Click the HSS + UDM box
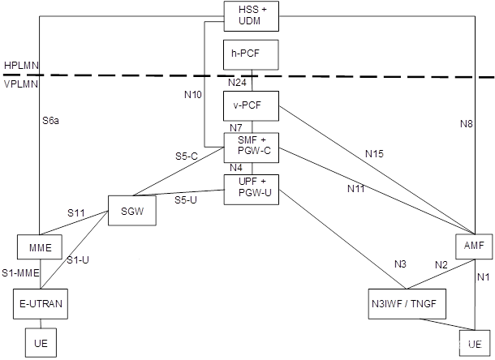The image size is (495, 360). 251,15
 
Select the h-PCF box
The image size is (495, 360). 251,54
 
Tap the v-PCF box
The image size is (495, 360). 251,105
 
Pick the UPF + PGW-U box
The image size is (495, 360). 251,187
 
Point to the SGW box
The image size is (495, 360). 131,210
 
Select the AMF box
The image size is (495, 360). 474,245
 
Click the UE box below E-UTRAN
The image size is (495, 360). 41,342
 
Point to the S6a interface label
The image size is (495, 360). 51,121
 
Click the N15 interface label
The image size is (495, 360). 374,153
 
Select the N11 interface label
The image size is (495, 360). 356,189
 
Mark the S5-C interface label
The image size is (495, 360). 187,156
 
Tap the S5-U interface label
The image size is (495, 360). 185,199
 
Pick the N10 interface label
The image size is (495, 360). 193,94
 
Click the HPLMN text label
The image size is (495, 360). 21,65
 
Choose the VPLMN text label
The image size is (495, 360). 21,83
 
